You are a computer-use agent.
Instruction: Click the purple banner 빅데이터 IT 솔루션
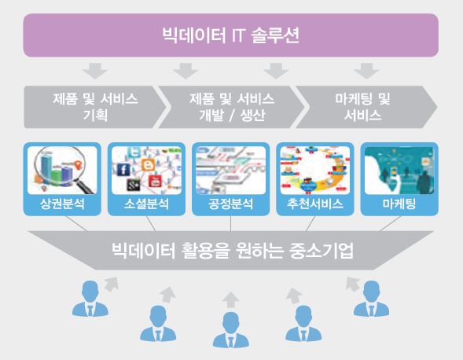coord(230,35)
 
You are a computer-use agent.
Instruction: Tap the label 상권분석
coord(62,204)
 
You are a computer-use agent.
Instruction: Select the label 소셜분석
coord(146,204)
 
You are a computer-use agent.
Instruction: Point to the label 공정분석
coord(230,204)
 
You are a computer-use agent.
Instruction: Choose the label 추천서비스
coord(314,204)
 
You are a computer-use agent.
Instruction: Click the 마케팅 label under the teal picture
coord(399,204)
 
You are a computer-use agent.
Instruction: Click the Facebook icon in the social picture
coord(123,170)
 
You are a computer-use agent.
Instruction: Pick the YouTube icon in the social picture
coord(155,182)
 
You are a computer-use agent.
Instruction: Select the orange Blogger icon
coord(148,165)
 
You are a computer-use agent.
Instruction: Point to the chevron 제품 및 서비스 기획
coord(94,107)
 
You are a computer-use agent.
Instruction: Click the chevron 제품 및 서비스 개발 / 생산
coord(232,107)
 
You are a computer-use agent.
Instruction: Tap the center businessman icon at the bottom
coord(230,330)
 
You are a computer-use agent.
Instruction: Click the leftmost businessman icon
coord(90,299)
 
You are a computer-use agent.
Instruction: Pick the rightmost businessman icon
coord(372,299)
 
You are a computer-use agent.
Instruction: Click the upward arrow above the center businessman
coord(230,300)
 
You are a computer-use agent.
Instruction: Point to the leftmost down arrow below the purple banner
coord(95,71)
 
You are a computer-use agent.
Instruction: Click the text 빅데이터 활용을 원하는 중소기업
coord(233,251)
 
